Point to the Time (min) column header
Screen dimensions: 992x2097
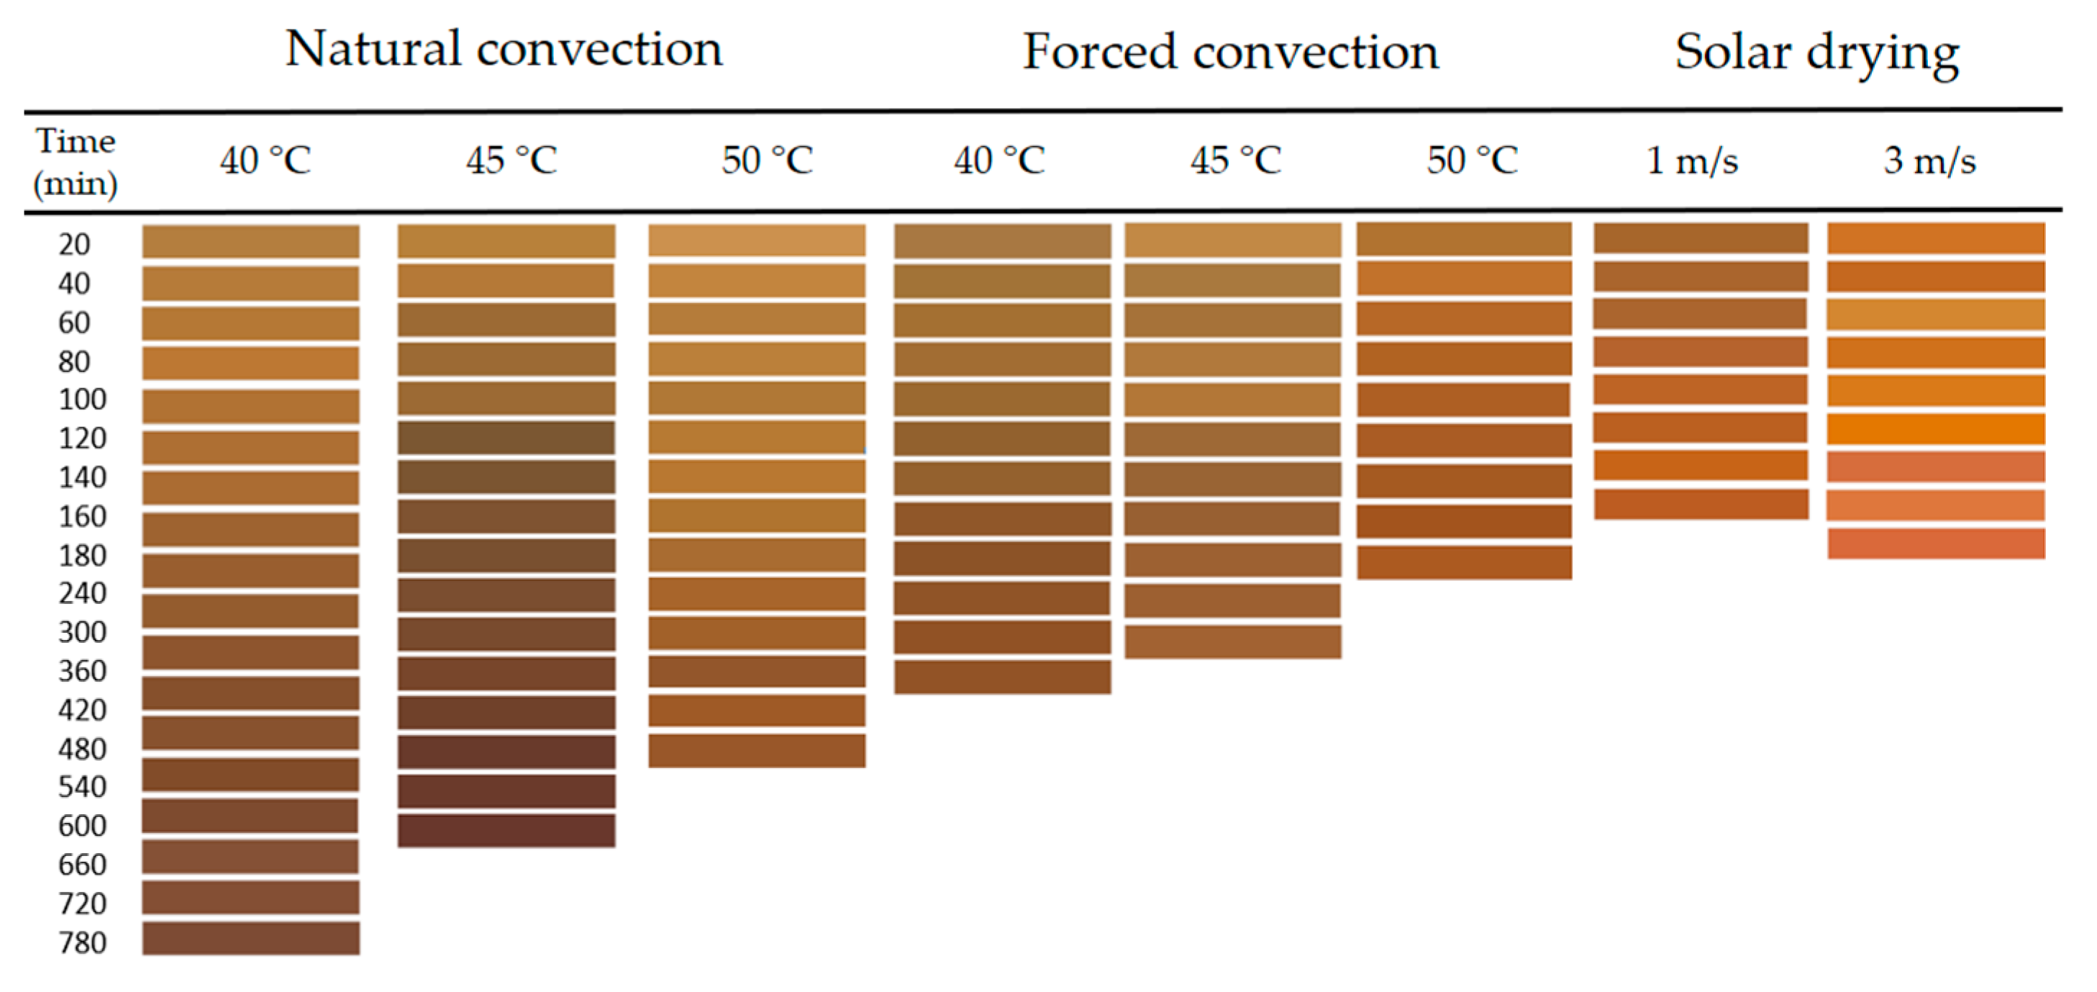(75, 161)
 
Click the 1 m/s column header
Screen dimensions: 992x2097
(1691, 161)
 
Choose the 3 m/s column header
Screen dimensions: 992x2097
(1929, 161)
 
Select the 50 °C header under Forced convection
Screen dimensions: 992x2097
(1472, 161)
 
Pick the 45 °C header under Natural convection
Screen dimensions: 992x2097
(511, 161)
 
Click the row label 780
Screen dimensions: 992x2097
(82, 942)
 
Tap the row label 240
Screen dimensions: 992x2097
(82, 593)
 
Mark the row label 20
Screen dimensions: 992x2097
(74, 244)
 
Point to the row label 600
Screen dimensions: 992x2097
(82, 825)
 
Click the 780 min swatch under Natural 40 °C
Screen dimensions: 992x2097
(251, 937)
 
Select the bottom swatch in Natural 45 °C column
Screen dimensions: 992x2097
(506, 830)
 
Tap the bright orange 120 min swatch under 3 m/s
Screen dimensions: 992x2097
(1936, 428)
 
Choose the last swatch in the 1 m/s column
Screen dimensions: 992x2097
(1701, 503)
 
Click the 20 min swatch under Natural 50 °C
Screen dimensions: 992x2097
(757, 241)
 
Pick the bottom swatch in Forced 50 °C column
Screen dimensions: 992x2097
(1464, 562)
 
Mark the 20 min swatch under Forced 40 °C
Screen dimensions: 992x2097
(1002, 241)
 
